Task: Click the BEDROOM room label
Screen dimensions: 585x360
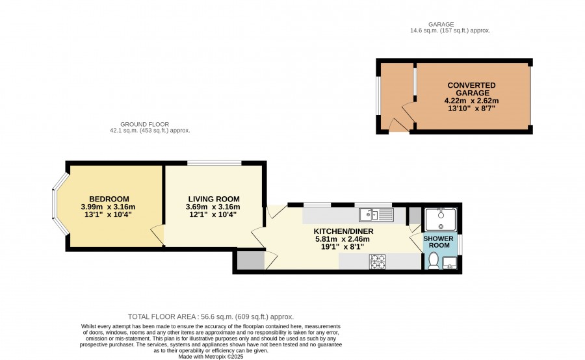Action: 109,199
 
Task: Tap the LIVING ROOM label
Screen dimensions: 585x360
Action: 214,199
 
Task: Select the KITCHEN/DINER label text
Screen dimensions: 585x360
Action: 343,231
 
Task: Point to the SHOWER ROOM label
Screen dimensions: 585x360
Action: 439,242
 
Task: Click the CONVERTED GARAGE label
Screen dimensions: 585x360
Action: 472,89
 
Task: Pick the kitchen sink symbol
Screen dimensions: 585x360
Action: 376,215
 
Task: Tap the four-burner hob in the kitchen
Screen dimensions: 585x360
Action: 377,261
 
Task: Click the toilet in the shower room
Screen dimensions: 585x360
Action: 434,261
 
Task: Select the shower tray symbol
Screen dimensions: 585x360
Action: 441,220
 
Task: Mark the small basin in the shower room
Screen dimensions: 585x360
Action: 450,263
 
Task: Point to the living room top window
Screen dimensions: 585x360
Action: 214,163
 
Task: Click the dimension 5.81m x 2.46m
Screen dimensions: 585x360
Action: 343,239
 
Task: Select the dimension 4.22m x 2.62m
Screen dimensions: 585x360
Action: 472,101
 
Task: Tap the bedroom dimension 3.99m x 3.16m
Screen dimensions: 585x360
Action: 108,207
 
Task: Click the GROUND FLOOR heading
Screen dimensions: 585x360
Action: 145,124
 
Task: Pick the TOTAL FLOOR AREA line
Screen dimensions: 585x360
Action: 211,316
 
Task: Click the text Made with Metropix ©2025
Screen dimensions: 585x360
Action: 211,357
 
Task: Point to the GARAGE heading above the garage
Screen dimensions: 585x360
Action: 441,24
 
